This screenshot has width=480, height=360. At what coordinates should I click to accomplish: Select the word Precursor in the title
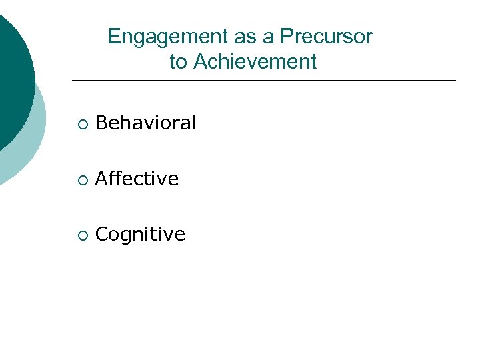(x=326, y=37)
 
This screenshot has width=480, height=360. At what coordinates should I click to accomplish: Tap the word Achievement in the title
(x=255, y=62)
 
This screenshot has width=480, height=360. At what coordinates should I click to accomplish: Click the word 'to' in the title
(x=178, y=62)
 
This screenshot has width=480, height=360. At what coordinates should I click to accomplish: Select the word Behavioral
(x=145, y=123)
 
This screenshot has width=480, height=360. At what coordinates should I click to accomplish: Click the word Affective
(x=137, y=179)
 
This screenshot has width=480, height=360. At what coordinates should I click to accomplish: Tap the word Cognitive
(x=140, y=234)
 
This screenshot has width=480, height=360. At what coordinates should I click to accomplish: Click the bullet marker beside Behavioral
(x=81, y=124)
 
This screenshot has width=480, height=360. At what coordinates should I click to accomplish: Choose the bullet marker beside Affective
(x=81, y=180)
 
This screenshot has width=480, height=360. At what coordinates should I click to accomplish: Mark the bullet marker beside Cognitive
(x=81, y=235)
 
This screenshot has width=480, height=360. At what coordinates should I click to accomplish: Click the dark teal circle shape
(x=13, y=73)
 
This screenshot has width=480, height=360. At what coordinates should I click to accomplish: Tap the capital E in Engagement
(x=114, y=37)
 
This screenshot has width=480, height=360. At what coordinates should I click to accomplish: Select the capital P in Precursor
(x=286, y=37)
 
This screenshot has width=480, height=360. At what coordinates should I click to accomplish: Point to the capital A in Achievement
(x=199, y=62)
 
